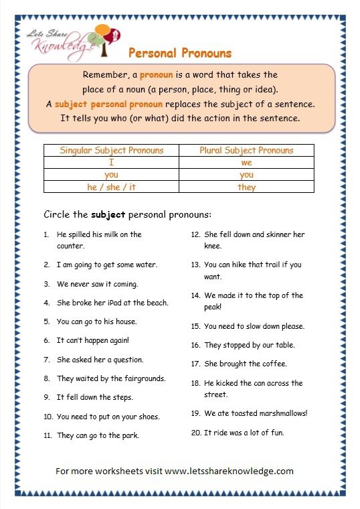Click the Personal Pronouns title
click(179, 52)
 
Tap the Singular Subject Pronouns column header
click(112, 150)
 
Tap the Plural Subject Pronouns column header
click(246, 150)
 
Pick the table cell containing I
click(112, 163)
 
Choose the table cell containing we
click(246, 163)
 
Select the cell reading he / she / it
click(112, 187)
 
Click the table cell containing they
click(246, 188)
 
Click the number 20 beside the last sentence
click(196, 433)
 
